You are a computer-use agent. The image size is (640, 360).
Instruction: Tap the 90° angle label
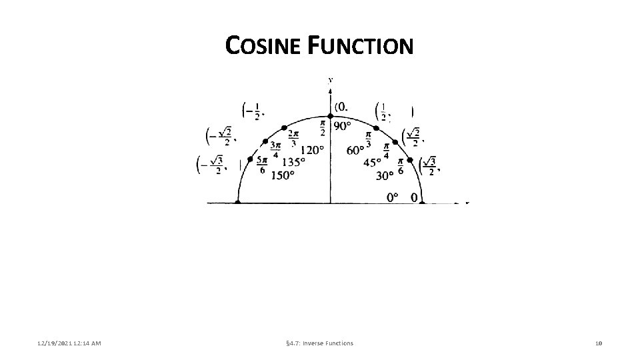tap(343, 127)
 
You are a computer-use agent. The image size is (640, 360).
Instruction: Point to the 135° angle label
tap(293, 162)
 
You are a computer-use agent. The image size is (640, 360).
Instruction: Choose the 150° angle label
tap(283, 175)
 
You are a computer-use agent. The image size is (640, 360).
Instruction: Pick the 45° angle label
tap(372, 162)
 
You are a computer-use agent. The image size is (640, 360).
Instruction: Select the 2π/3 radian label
tap(293, 139)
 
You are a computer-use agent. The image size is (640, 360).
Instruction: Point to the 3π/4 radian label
tap(275, 151)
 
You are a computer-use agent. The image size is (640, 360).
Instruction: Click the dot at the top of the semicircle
tap(331, 116)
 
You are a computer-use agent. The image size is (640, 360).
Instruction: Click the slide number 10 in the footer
tap(599, 343)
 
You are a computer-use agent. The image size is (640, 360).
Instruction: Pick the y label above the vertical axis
tap(331, 81)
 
